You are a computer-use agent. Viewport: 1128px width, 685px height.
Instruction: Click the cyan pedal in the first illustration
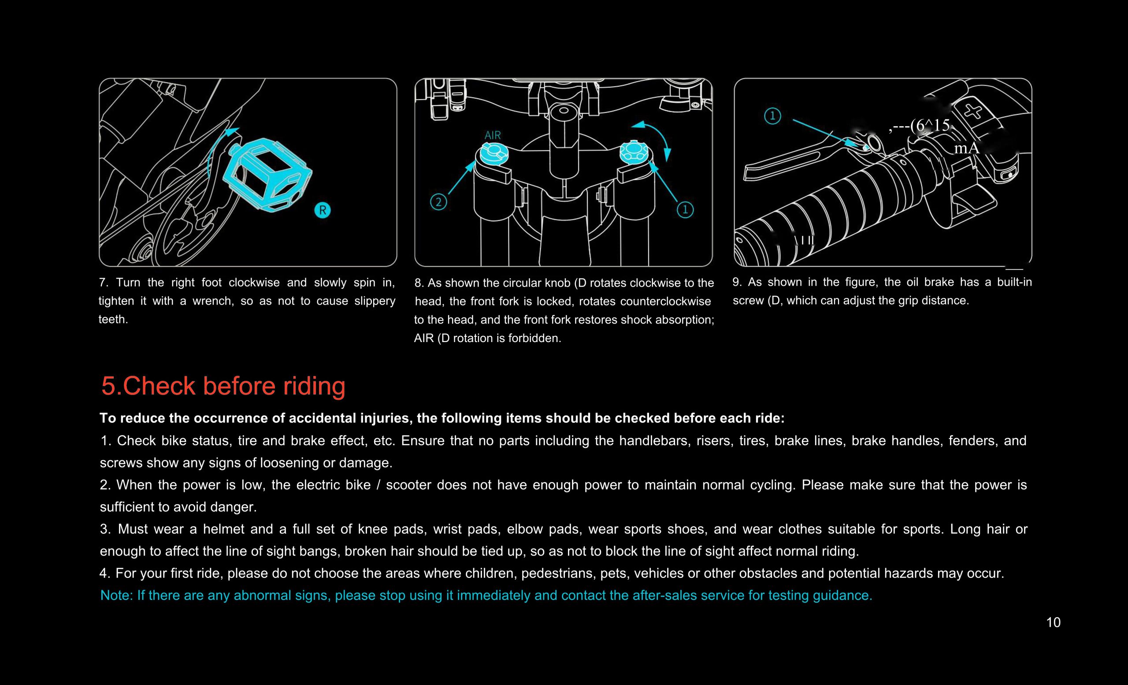[x=270, y=174]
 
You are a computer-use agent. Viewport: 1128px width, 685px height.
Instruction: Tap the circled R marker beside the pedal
[x=322, y=210]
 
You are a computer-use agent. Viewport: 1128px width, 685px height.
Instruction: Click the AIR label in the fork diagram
[x=493, y=135]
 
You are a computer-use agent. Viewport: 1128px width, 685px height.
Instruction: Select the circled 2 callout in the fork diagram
[x=438, y=202]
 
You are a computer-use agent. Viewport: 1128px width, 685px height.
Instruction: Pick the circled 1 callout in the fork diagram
[x=685, y=210]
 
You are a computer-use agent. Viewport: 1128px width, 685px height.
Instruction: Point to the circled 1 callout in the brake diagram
[x=772, y=116]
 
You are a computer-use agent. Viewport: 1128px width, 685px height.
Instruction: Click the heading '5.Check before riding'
[x=223, y=386]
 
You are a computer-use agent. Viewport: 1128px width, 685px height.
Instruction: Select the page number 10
[x=1053, y=622]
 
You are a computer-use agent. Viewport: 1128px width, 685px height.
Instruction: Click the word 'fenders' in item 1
[x=972, y=440]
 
